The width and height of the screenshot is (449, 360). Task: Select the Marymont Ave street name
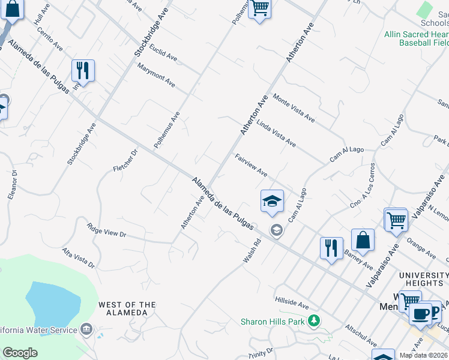point(155,75)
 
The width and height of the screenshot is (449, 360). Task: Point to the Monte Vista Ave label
point(294,108)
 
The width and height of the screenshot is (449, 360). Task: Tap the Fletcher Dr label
point(125,161)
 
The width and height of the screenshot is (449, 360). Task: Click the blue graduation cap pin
point(272,202)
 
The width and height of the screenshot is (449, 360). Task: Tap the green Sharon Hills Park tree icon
point(313,321)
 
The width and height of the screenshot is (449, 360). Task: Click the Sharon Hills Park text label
point(273,322)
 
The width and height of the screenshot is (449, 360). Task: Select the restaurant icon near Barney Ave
point(331,247)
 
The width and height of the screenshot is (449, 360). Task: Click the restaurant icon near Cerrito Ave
point(83,70)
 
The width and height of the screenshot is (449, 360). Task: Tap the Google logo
point(20,353)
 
